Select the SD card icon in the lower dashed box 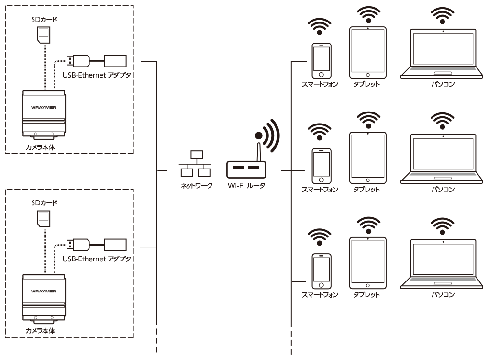point(44,219)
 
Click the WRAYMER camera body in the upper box point(44,112)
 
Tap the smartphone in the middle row point(321,166)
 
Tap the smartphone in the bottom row point(321,270)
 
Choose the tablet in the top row point(367,52)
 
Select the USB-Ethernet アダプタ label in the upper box point(97,75)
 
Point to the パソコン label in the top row point(444,85)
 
